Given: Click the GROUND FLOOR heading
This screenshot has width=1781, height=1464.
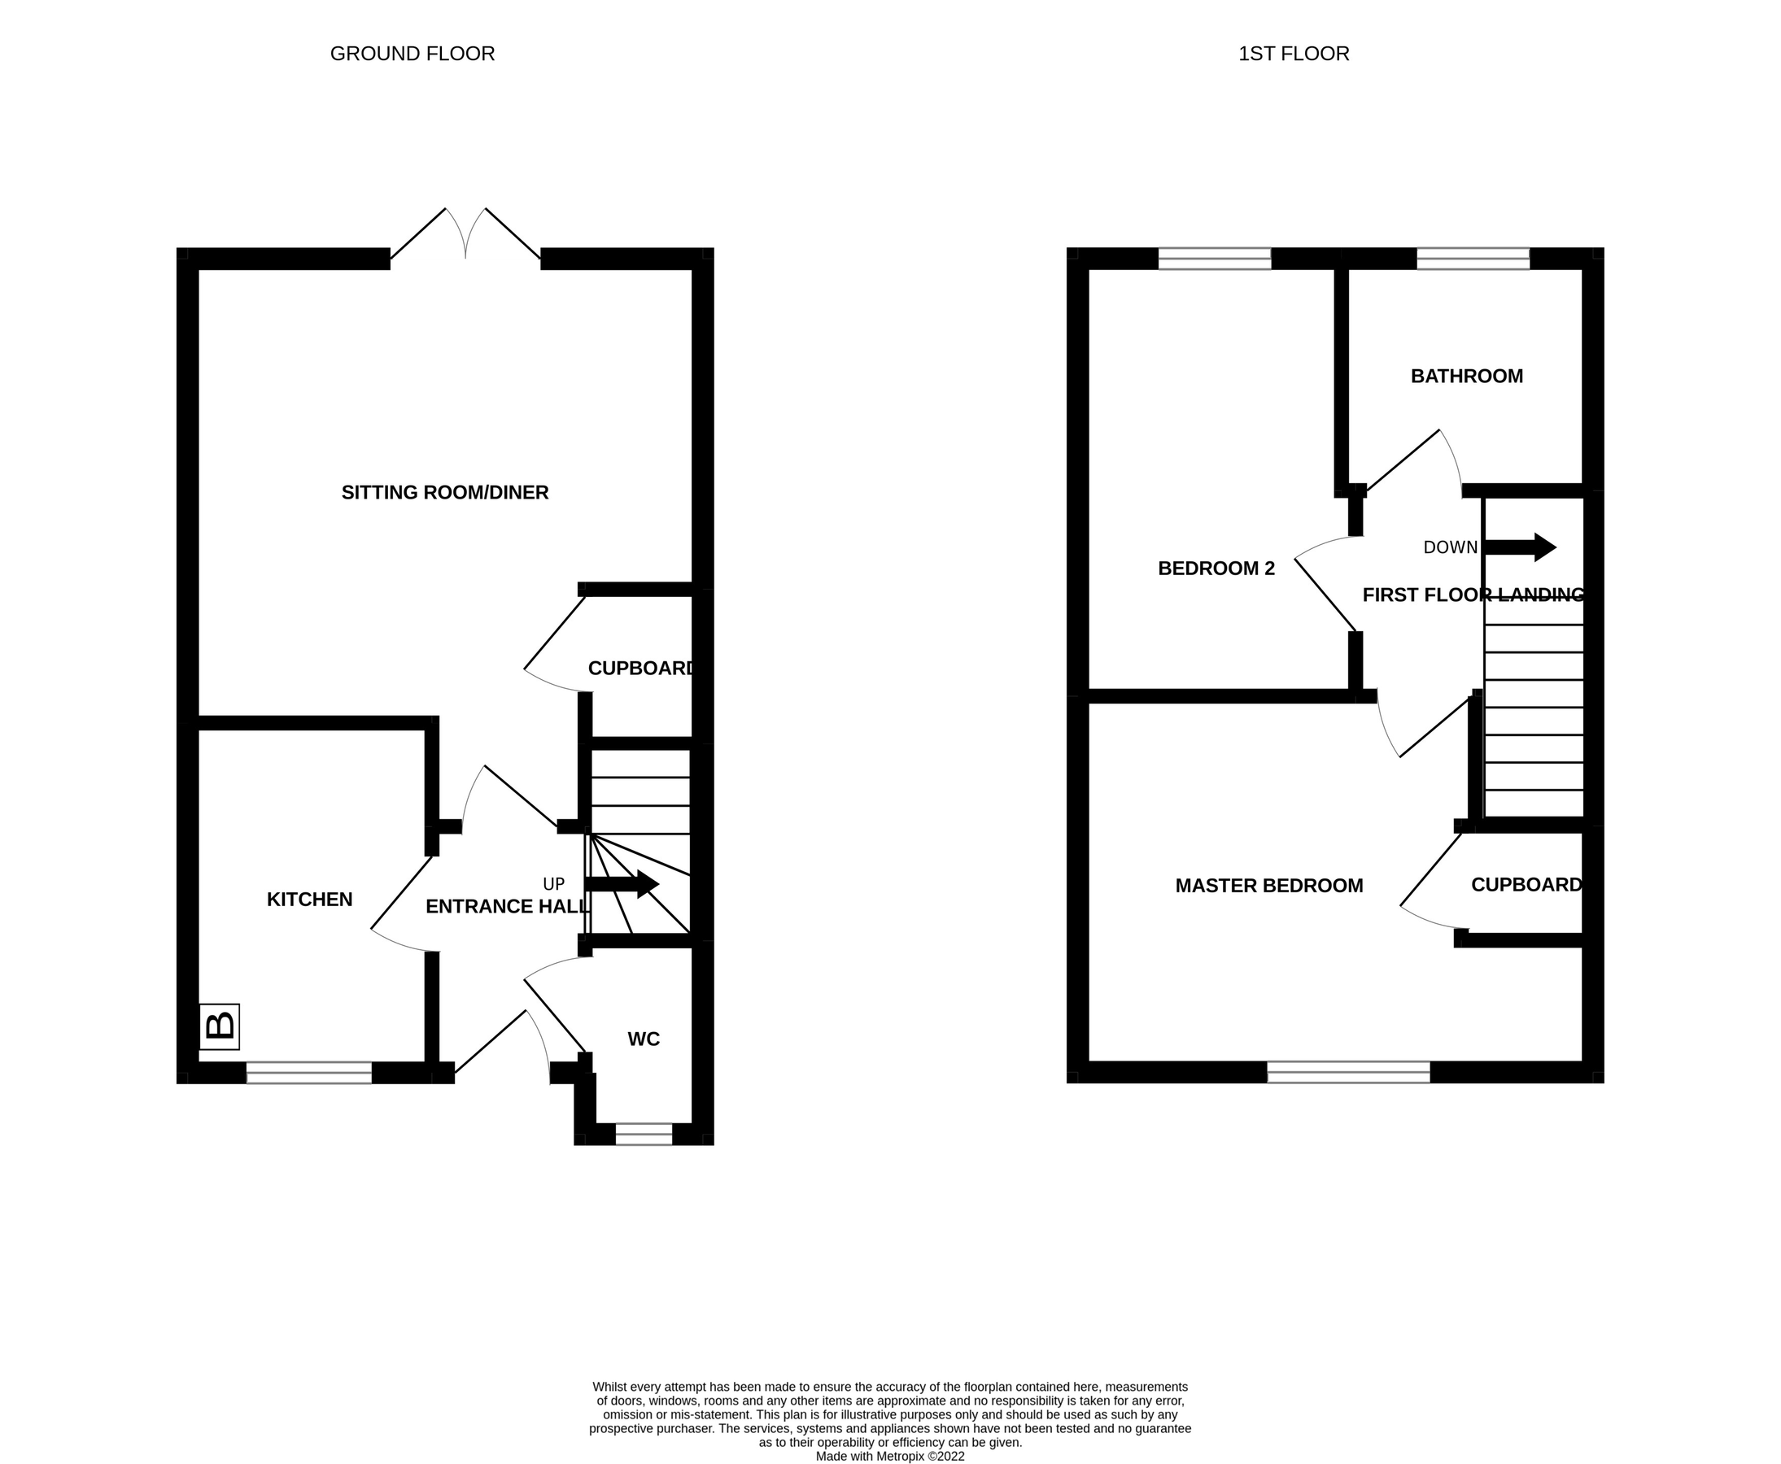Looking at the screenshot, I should (x=412, y=54).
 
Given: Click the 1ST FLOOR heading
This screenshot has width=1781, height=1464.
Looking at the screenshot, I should (x=1294, y=54).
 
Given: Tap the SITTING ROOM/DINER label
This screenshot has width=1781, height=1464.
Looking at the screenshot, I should (x=444, y=493).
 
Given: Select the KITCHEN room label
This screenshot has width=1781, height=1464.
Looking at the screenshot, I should (x=309, y=900).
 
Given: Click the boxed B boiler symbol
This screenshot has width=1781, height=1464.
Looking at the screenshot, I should (x=220, y=1026).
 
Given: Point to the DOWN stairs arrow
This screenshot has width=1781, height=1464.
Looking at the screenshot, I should (x=1520, y=547).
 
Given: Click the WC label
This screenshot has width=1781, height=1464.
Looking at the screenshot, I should (x=643, y=1039).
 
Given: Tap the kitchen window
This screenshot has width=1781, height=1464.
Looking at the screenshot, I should (x=309, y=1072).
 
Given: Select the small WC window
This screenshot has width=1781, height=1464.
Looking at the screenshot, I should (x=644, y=1134).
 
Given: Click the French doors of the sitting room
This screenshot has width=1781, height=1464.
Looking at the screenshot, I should (x=465, y=236).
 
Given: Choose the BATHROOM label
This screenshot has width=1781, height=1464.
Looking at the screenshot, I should (x=1466, y=376).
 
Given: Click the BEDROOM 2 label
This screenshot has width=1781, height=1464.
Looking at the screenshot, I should (x=1216, y=569).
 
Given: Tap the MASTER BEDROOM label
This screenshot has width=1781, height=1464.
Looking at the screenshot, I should (x=1269, y=886).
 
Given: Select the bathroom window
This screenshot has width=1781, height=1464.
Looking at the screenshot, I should (x=1472, y=258).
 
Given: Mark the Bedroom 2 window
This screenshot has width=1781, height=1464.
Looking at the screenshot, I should (x=1214, y=258).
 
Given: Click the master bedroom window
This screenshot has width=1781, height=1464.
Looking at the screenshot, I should (x=1348, y=1072).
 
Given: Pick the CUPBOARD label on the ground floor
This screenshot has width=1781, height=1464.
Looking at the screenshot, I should (x=641, y=669).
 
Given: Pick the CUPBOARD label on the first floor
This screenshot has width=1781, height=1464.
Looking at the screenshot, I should (x=1526, y=885).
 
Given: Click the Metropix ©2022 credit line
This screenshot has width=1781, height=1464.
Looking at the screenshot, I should (x=890, y=1457).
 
